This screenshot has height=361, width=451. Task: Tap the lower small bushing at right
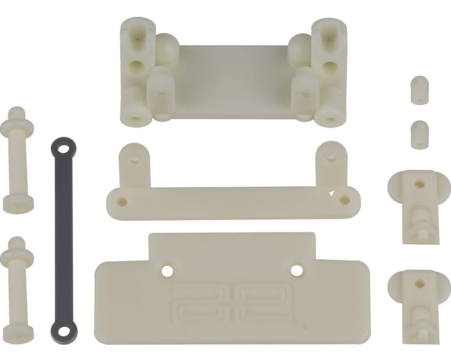click(x=418, y=134)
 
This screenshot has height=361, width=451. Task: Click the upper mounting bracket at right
click(x=418, y=205)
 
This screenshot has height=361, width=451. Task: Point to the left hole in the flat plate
click(x=167, y=271)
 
